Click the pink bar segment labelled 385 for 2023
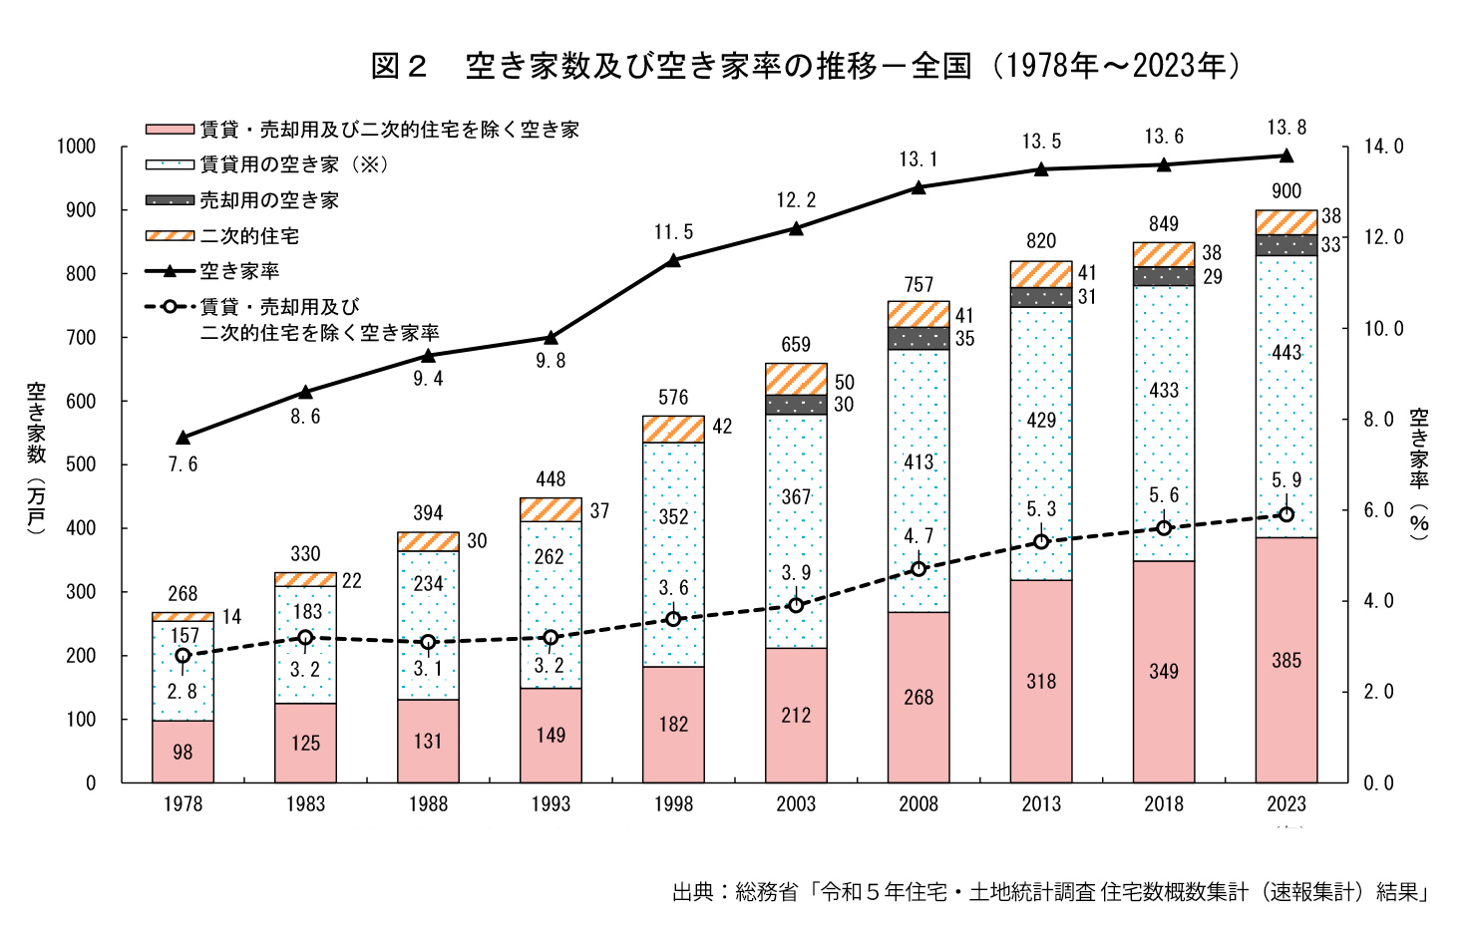click(1285, 660)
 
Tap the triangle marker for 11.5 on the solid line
click(673, 260)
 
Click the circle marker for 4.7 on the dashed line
click(918, 569)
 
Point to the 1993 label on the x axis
click(550, 804)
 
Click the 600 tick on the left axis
click(82, 401)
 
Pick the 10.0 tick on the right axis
click(1383, 329)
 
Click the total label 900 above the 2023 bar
click(1286, 191)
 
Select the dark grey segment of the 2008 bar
click(918, 338)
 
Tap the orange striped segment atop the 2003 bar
click(796, 379)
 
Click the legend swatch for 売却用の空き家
click(170, 200)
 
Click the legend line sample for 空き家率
click(170, 271)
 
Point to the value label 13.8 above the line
click(1286, 128)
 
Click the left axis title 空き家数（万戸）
click(36, 459)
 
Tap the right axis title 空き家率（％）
click(1419, 473)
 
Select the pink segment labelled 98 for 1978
click(183, 752)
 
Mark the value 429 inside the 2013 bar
click(1041, 420)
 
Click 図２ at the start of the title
click(399, 66)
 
